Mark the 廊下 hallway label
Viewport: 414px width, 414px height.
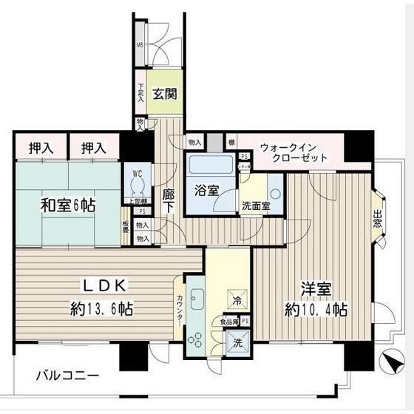168,201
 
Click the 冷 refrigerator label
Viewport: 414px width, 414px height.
237,300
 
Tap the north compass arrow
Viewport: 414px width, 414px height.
388,364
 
